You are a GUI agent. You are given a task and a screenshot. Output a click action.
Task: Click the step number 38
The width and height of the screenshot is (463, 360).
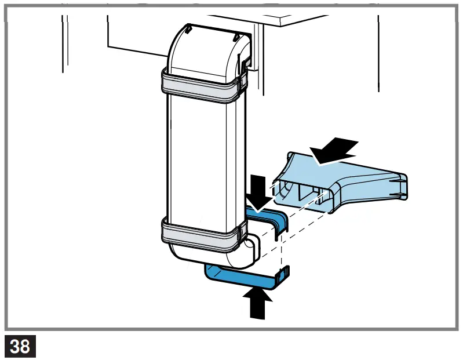pyautogui.click(x=20, y=346)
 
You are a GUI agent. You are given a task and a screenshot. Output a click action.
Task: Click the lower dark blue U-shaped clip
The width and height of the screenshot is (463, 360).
pyautogui.click(x=243, y=278)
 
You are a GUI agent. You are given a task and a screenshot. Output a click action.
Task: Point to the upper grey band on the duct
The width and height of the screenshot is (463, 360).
pyautogui.click(x=200, y=85)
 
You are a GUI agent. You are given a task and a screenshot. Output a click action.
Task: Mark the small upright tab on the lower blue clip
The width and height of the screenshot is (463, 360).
pyautogui.click(x=283, y=275)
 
